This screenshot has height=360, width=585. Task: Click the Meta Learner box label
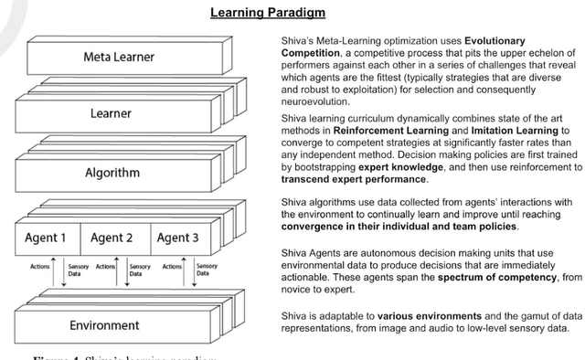pos(113,58)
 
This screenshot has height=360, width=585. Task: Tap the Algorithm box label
pos(113,172)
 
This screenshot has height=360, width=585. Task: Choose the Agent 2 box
pos(112,238)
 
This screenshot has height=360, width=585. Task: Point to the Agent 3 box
pos(179,238)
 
